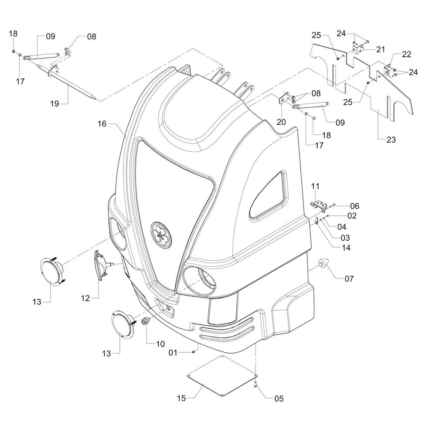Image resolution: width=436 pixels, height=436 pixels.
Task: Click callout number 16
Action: point(102,124)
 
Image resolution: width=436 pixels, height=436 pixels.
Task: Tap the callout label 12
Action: point(85,298)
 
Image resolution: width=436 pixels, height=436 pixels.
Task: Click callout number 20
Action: point(281,122)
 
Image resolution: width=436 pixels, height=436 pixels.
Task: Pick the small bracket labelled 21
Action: point(358,49)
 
